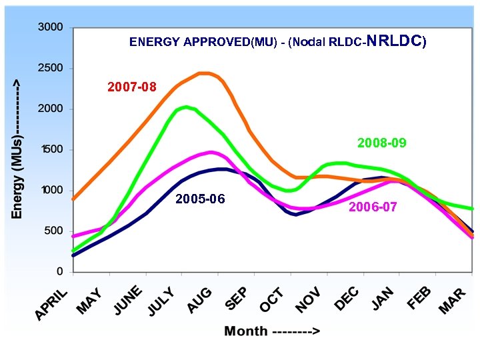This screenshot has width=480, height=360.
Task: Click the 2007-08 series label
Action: click(132, 87)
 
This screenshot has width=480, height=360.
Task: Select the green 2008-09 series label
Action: click(381, 143)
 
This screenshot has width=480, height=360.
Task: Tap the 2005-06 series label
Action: click(200, 199)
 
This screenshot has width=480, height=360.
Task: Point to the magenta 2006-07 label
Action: click(373, 207)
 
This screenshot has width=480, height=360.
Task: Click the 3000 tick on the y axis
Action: click(51, 27)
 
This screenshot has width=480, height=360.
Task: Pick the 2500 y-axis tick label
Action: click(51, 68)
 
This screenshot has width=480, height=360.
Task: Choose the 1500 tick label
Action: click(51, 150)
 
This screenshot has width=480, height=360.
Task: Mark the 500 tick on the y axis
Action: click(54, 231)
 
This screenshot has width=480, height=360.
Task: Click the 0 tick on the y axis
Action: click(60, 272)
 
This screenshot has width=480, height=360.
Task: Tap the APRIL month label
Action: click(51, 303)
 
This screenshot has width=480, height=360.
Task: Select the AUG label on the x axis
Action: click(199, 299)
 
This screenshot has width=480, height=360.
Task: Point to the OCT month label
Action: click(272, 299)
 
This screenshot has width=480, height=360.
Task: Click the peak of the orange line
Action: click(204, 73)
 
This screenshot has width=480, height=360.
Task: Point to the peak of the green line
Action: click(186, 107)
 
